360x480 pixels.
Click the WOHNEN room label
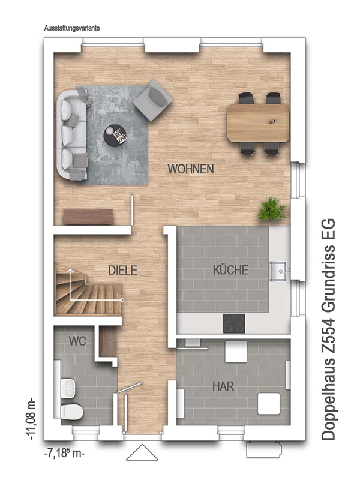tap(191, 169)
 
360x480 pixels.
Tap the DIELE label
tap(123, 271)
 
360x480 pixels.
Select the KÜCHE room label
tap(230, 269)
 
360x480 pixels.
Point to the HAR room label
tap(223, 386)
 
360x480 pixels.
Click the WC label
tap(77, 341)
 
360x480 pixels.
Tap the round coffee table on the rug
tap(115, 135)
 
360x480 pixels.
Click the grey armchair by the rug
tap(153, 100)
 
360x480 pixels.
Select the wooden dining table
tap(258, 123)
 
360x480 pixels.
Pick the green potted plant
tap(272, 209)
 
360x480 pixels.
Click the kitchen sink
tap(279, 271)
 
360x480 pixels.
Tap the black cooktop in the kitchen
tap(233, 323)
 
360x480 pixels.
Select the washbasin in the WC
tap(68, 388)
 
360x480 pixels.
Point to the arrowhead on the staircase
tap(70, 271)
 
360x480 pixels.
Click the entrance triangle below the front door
tap(142, 452)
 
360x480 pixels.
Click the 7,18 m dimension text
tap(64, 453)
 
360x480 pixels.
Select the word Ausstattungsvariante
tap(71, 28)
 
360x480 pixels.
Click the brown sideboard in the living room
tap(88, 217)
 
